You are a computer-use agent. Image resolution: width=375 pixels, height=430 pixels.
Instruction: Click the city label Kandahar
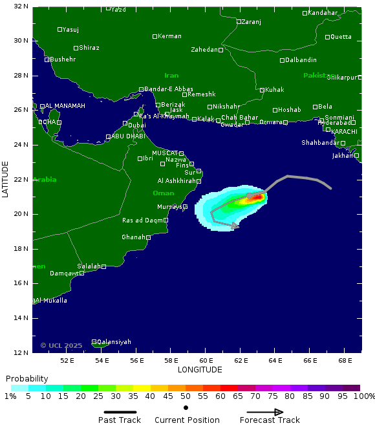tap(323, 13)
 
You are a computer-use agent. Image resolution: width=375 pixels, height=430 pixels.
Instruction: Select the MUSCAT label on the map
tap(165, 153)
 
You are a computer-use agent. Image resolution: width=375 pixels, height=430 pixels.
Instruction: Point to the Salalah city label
tap(89, 266)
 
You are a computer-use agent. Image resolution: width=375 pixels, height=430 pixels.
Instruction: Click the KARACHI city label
tap(344, 131)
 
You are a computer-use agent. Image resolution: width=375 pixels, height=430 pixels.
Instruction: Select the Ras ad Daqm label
tap(142, 220)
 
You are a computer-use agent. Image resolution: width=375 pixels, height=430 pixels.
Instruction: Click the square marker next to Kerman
tap(155, 36)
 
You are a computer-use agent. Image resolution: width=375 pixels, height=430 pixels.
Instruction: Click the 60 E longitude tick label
tap(206, 360)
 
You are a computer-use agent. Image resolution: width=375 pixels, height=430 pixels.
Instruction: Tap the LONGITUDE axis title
tap(200, 370)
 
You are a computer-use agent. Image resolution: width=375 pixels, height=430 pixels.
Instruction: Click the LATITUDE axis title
tap(5, 179)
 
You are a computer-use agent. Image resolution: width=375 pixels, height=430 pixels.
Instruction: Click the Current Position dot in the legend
tap(186, 408)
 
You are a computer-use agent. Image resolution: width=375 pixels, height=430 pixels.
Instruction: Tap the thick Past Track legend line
tap(120, 412)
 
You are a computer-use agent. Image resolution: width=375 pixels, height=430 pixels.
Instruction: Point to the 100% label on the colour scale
tap(364, 396)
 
